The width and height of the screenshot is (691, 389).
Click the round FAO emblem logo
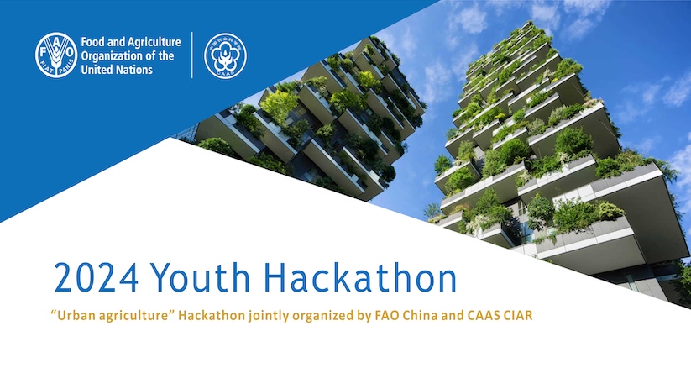[x=56, y=55]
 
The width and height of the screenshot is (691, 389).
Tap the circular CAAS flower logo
[x=225, y=56]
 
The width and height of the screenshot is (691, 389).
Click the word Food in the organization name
[x=92, y=42]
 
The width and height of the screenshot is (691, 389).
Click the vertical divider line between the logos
[x=192, y=55]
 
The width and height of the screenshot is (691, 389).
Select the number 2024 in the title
[x=97, y=278]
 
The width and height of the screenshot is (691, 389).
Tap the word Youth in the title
[x=201, y=277]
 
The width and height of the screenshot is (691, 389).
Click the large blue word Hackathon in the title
[x=360, y=277]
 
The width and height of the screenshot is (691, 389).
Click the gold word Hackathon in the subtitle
[x=211, y=315]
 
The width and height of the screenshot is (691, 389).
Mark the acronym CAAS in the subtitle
[x=483, y=315]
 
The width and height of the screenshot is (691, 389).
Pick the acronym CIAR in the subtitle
[x=518, y=315]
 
